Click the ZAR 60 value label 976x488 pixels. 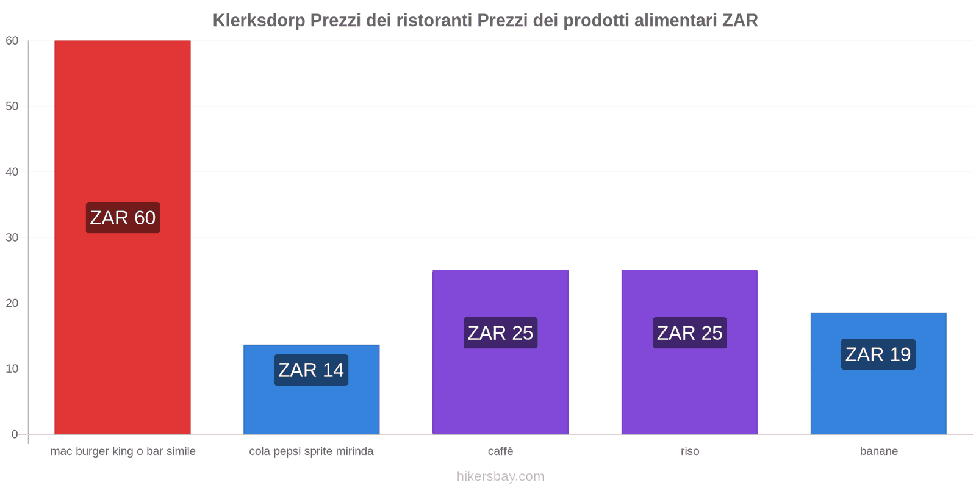point(123,218)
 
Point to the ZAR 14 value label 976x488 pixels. point(311,370)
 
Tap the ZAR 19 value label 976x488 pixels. point(878,354)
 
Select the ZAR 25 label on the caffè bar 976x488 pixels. point(500,333)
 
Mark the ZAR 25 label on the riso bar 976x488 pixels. point(689,333)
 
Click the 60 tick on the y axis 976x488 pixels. point(12,41)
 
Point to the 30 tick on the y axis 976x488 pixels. point(12,238)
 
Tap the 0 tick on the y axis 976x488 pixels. point(15,434)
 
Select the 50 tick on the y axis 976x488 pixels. point(12,106)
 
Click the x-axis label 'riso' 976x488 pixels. point(690,451)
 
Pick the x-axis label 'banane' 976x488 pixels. point(878,451)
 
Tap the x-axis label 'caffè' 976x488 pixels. point(500,451)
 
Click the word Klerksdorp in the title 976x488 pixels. point(259,21)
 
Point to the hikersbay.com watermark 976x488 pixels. point(500,476)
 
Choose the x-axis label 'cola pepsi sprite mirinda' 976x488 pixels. point(311,451)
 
